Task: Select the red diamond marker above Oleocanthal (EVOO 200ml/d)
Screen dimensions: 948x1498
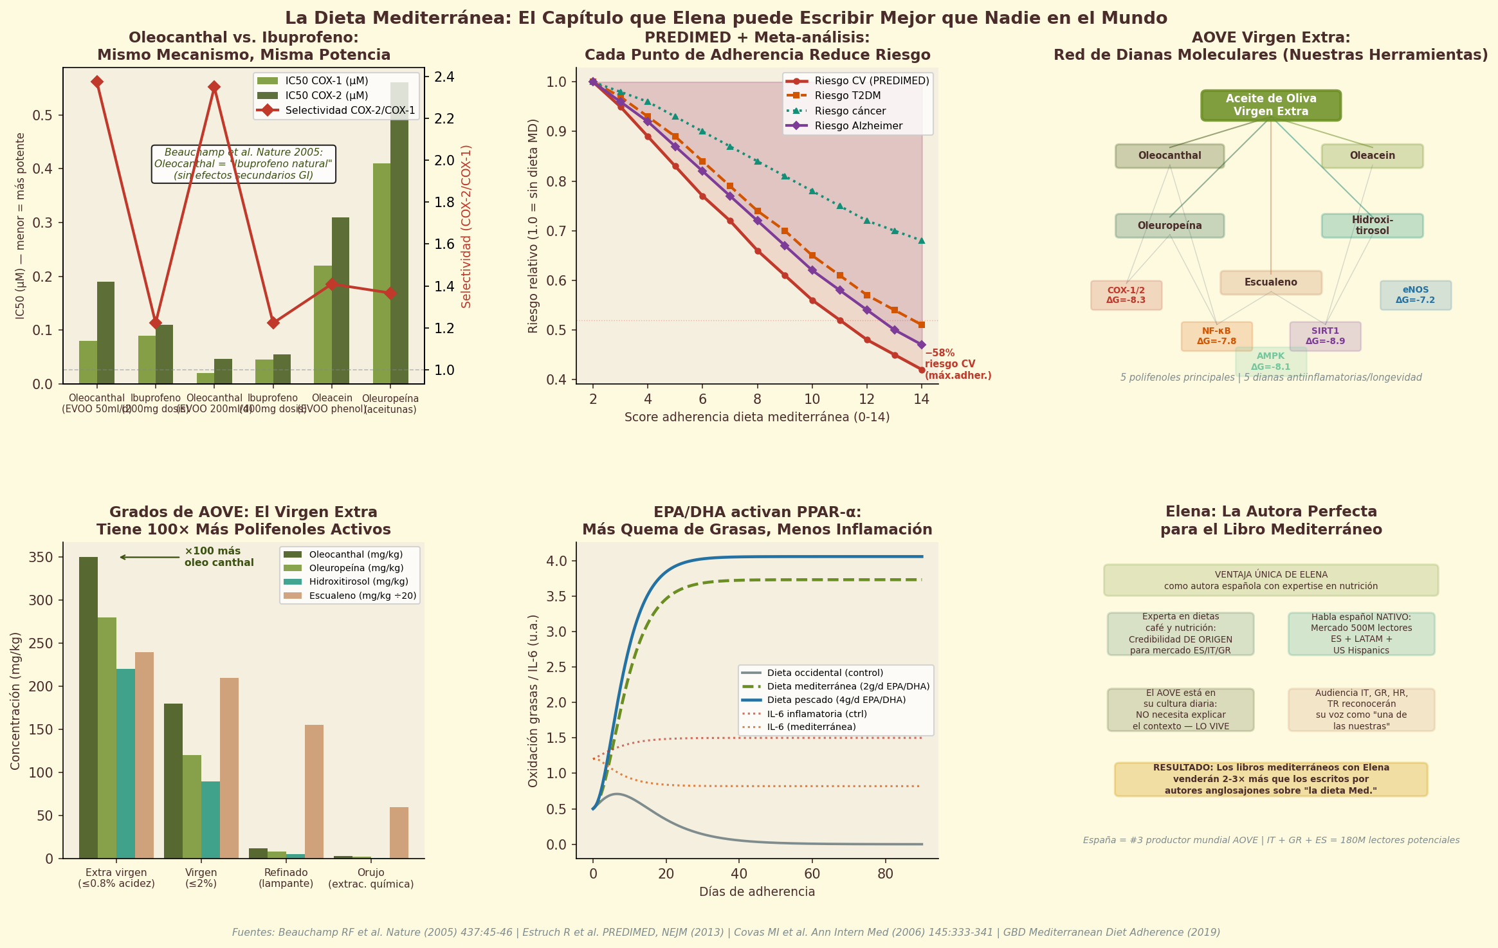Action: tap(214, 87)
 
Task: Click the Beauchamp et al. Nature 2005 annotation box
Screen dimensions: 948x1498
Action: tap(243, 164)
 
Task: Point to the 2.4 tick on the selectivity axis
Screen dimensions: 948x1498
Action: tap(444, 77)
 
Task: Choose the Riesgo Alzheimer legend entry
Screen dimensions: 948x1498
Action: tap(858, 126)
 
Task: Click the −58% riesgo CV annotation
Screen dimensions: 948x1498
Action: tap(957, 364)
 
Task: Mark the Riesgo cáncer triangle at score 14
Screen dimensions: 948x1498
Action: tap(921, 241)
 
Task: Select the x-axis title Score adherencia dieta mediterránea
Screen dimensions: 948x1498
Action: tap(756, 417)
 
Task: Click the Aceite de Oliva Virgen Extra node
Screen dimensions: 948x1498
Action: tap(1270, 105)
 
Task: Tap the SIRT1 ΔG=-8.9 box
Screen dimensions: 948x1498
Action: tap(1325, 336)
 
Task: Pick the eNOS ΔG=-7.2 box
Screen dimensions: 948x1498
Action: tap(1415, 295)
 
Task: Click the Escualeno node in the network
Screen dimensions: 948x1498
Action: tap(1270, 282)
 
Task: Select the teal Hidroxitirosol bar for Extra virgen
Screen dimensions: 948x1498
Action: tap(126, 763)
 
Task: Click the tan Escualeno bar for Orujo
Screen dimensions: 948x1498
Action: tap(399, 833)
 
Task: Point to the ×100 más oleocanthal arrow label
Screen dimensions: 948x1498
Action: tap(219, 557)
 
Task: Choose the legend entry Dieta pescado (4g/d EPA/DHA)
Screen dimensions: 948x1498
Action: tap(836, 700)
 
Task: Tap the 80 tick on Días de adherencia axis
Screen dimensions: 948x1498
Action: tap(885, 874)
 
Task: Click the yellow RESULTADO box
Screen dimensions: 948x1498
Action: tap(1270, 779)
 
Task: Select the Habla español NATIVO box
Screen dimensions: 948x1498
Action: tap(1361, 634)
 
